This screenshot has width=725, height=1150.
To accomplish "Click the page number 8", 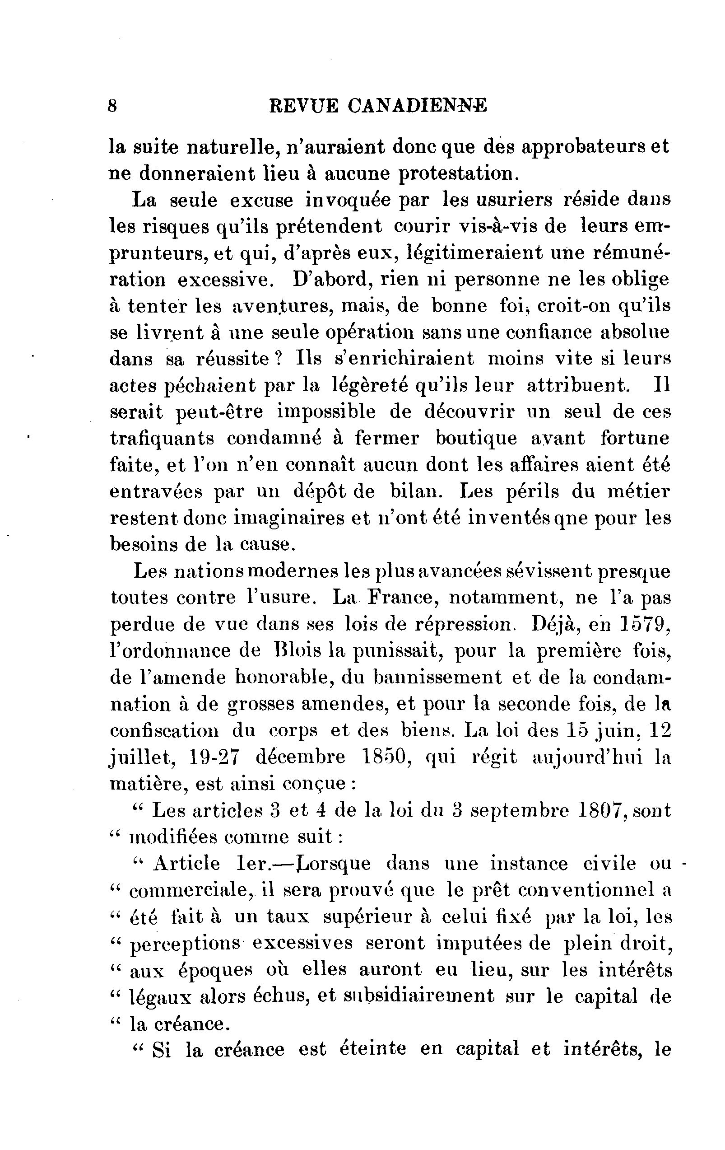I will pos(113,106).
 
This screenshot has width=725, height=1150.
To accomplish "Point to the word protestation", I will pos(458,173).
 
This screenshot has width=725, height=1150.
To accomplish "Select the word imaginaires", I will pos(290,518).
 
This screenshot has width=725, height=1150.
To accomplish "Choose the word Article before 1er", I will pos(186,864).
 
